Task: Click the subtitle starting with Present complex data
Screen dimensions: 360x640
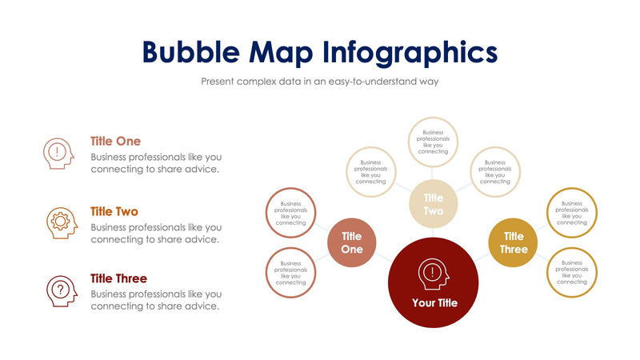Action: click(320, 82)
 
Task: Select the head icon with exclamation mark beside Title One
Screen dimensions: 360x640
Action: click(58, 151)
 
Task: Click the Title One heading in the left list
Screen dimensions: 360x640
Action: click(115, 142)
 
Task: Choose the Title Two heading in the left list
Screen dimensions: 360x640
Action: click(114, 212)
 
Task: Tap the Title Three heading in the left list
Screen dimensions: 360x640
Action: click(118, 279)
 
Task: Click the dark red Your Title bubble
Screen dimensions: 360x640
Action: click(434, 281)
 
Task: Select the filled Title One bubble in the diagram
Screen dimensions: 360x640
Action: click(352, 242)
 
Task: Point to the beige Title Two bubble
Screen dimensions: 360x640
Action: click(433, 204)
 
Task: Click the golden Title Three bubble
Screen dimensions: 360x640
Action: click(514, 242)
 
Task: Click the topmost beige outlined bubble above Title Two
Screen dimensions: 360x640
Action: click(433, 142)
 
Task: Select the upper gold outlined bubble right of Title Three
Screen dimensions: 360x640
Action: click(571, 212)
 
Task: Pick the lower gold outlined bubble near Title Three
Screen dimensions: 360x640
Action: click(571, 273)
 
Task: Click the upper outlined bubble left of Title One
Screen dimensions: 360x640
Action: click(290, 212)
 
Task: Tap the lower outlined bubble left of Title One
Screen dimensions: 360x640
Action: click(290, 273)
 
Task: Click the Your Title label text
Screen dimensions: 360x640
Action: click(434, 303)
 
